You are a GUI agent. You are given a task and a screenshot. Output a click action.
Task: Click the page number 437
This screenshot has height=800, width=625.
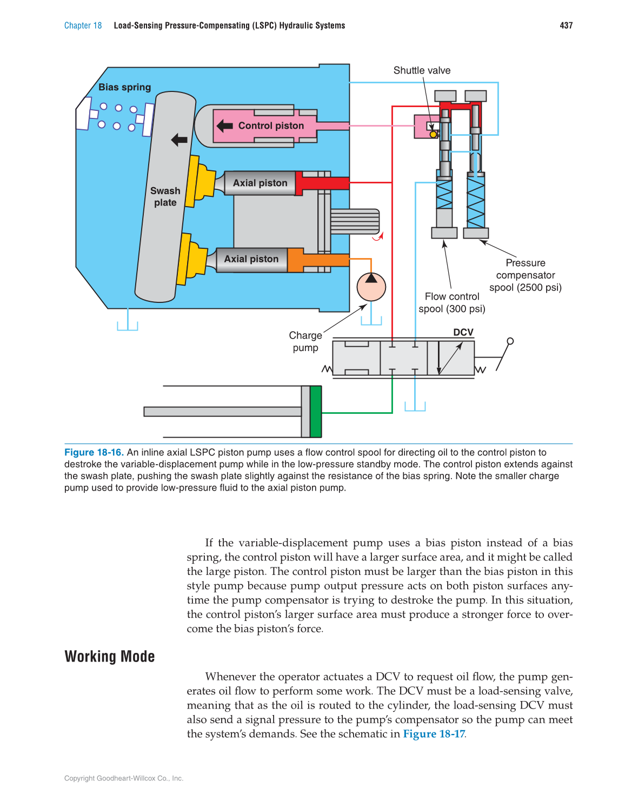click(566, 25)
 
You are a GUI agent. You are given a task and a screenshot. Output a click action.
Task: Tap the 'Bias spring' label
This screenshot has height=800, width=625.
click(124, 87)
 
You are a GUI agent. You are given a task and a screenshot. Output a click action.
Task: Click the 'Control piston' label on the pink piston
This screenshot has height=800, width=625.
click(271, 125)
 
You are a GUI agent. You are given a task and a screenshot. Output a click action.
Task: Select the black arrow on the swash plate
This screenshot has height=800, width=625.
click(179, 140)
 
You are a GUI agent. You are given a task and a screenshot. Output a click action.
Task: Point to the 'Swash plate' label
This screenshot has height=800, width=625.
click(165, 196)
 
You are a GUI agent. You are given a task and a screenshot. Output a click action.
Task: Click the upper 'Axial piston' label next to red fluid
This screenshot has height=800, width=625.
click(260, 183)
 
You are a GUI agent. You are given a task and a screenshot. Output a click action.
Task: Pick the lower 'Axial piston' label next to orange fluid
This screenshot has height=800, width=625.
click(251, 259)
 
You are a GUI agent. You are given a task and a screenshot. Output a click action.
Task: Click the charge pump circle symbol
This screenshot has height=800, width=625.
click(371, 287)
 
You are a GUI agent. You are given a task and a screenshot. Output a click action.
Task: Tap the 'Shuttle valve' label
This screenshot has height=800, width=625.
click(422, 70)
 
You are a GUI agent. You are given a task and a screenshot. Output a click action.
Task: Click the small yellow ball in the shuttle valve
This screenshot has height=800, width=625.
click(433, 134)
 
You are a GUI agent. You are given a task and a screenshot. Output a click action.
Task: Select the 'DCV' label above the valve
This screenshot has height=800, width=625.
click(463, 332)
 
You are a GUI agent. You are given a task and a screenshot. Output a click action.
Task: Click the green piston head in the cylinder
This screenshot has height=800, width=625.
click(316, 412)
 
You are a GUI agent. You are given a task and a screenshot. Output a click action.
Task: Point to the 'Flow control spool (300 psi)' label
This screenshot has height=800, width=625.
click(452, 302)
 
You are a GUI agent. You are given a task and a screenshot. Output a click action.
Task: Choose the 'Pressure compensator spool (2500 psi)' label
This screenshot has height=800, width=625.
click(525, 275)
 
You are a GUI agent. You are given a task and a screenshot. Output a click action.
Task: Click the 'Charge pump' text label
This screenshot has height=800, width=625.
click(305, 341)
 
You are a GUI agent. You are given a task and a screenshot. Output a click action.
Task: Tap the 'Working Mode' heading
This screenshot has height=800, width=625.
click(110, 656)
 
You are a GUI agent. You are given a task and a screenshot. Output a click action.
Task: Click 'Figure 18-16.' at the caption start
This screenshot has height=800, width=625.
click(94, 452)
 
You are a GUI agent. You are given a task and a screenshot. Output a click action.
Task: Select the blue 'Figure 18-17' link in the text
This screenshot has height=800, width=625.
click(434, 733)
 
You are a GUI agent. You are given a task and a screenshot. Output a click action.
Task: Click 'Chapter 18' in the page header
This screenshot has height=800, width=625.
click(83, 25)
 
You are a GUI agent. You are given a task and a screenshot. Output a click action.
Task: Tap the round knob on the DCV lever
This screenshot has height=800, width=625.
click(510, 341)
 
